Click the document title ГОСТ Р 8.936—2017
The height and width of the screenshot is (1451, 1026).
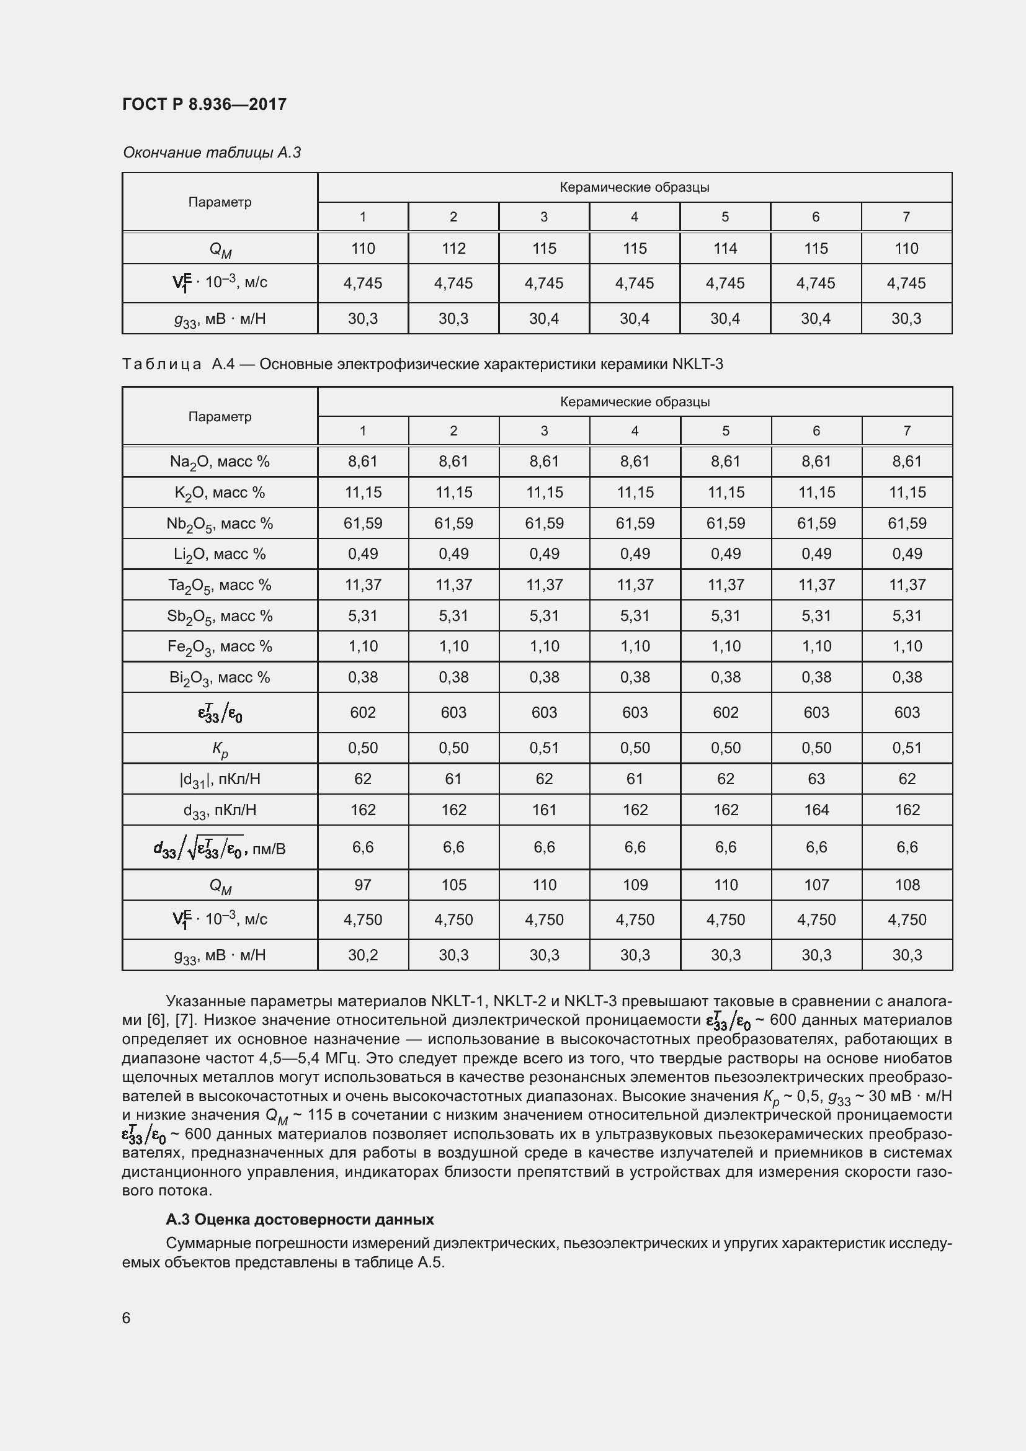(204, 104)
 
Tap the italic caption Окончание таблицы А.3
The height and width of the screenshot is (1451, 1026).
(212, 153)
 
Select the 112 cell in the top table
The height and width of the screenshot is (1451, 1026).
(453, 248)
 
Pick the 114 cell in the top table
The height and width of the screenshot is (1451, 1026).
(725, 248)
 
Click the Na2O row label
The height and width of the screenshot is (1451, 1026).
(219, 462)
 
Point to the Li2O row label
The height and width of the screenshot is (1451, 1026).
(219, 554)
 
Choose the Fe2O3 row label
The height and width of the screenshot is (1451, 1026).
(219, 647)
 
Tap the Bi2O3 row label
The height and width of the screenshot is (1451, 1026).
(219, 678)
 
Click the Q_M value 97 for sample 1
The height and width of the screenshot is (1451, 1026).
(363, 885)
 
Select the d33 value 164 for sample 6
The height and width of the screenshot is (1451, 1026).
(816, 810)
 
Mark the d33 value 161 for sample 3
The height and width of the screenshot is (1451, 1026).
(544, 810)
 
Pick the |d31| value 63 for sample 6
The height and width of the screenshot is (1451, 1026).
(816, 779)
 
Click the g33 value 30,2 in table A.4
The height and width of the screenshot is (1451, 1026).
(363, 955)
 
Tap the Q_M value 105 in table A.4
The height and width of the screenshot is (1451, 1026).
(453, 885)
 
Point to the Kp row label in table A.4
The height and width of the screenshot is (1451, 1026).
(219, 749)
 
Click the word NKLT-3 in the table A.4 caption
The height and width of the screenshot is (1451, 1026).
(697, 365)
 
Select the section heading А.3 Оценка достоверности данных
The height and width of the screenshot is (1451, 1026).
(300, 1219)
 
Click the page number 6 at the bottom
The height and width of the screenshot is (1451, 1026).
(127, 1318)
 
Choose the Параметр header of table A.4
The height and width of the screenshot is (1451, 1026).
(219, 416)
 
